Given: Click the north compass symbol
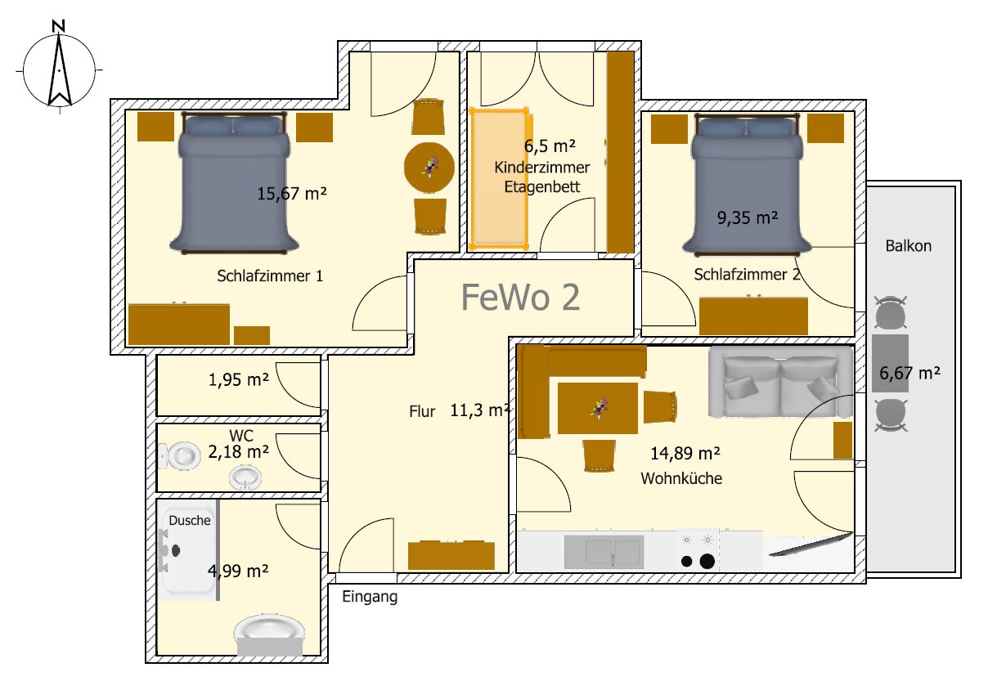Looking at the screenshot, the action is (59, 67).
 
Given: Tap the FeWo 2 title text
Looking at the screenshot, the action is (520, 297).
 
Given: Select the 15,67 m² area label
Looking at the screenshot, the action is (291, 194).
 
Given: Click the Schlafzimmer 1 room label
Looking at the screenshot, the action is (270, 276).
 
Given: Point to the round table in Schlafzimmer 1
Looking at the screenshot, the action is (429, 168).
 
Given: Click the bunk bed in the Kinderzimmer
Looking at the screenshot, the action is (499, 179).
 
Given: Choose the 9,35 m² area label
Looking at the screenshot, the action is (748, 217).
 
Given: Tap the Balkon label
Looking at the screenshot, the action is (909, 246).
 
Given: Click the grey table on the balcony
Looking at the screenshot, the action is (890, 363).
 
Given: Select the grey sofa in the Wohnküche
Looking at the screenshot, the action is (780, 382).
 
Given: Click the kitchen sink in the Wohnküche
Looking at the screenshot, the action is (604, 552).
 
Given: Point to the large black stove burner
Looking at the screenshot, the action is (707, 561).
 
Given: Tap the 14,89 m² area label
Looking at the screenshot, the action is (685, 454).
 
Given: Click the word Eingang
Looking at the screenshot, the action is (370, 597).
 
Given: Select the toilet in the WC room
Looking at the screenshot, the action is (179, 456).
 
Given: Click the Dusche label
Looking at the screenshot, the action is (190, 520).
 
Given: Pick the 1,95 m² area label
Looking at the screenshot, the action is (239, 380).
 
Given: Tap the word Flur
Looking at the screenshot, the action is (422, 411).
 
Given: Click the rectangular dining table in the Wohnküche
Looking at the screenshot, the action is (598, 408).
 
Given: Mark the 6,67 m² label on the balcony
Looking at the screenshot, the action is (909, 373).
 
